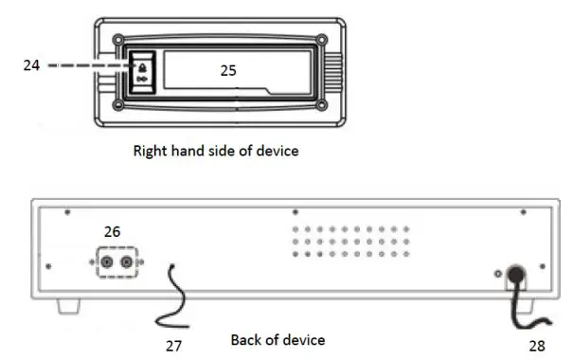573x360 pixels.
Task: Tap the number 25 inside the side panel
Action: [228, 69]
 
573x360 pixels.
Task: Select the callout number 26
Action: [113, 231]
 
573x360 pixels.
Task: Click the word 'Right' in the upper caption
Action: [151, 150]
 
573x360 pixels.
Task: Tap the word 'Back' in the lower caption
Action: [246, 339]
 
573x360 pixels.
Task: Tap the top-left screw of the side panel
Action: [116, 41]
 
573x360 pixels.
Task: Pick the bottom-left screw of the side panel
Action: [116, 104]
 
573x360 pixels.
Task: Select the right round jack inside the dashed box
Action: [124, 261]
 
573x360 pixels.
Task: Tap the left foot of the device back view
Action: [65, 306]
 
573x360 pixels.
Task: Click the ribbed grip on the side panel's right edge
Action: [332, 73]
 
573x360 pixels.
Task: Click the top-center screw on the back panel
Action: [295, 212]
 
